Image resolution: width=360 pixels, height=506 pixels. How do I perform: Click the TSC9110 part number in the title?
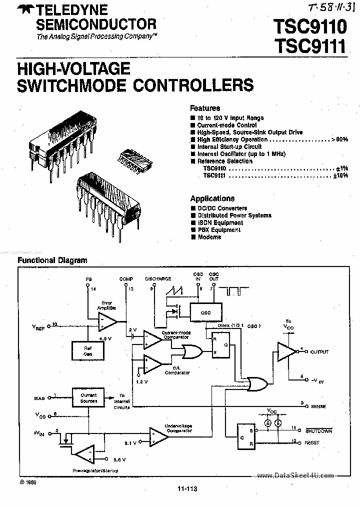[309, 26]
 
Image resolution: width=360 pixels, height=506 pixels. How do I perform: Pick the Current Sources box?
[88, 397]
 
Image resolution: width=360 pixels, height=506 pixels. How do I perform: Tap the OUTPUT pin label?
[319, 352]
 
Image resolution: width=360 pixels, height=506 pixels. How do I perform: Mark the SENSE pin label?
[318, 406]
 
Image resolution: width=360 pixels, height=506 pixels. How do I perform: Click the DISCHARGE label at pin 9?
[158, 278]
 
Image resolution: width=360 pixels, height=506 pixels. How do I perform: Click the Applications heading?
[212, 198]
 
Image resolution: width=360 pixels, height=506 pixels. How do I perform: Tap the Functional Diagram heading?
[52, 260]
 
